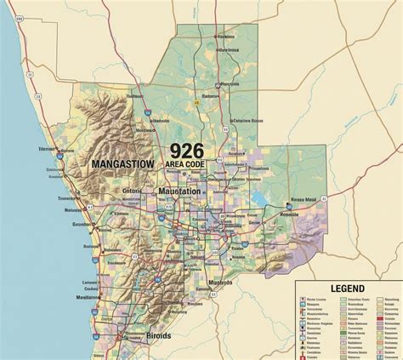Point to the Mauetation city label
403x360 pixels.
(x=179, y=191)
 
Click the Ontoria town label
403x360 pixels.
(x=133, y=191)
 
